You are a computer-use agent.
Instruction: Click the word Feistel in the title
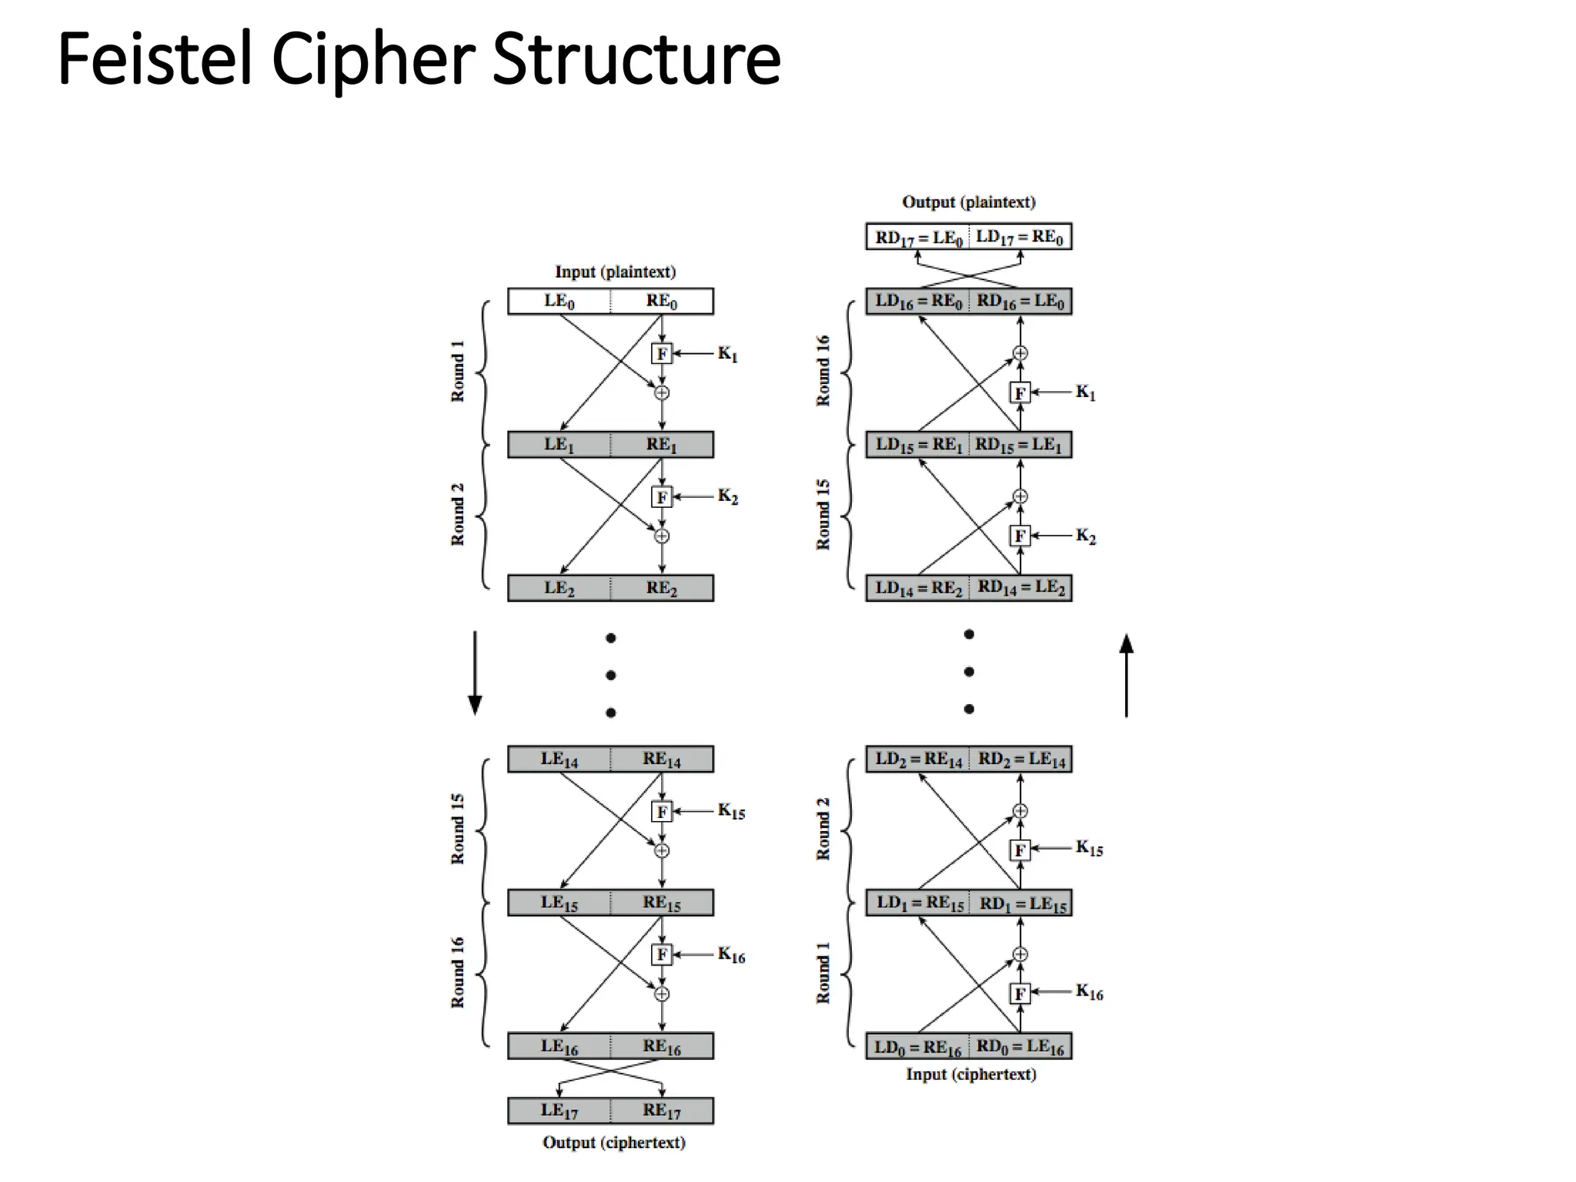click(x=154, y=59)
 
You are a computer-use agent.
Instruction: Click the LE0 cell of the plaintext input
click(x=559, y=301)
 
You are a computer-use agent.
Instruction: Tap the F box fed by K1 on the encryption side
click(x=661, y=353)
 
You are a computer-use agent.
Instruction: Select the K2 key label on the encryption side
click(x=727, y=496)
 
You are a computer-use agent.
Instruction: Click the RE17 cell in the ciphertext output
click(x=662, y=1110)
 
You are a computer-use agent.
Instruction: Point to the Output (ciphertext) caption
click(x=613, y=1143)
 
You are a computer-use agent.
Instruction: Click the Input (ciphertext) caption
click(x=970, y=1074)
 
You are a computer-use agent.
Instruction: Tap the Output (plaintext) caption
click(x=968, y=202)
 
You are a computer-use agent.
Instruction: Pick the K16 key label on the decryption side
click(x=1089, y=992)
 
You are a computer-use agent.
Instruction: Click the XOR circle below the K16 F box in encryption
click(x=662, y=994)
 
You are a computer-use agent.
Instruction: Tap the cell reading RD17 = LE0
click(x=918, y=237)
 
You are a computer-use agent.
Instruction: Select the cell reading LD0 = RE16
click(x=917, y=1047)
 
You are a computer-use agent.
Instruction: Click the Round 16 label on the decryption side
click(x=823, y=370)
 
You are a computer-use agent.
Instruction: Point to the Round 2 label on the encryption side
click(x=458, y=514)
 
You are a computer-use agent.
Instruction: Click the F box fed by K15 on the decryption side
click(x=1020, y=850)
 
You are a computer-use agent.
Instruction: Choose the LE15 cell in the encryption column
click(x=559, y=903)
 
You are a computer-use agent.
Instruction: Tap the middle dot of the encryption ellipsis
click(x=610, y=675)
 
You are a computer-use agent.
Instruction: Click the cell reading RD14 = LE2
click(x=1020, y=588)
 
